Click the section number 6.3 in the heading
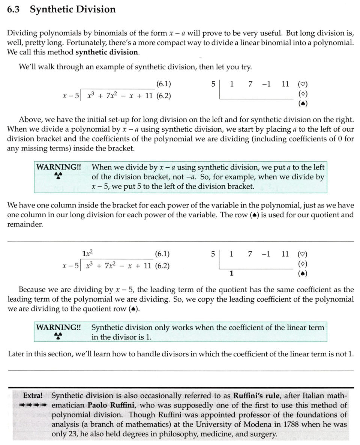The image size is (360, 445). click(13, 9)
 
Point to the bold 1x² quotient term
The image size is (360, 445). click(87, 254)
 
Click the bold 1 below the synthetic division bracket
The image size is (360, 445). click(231, 274)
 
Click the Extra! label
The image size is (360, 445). click(33, 395)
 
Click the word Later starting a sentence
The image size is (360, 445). click(17, 354)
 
